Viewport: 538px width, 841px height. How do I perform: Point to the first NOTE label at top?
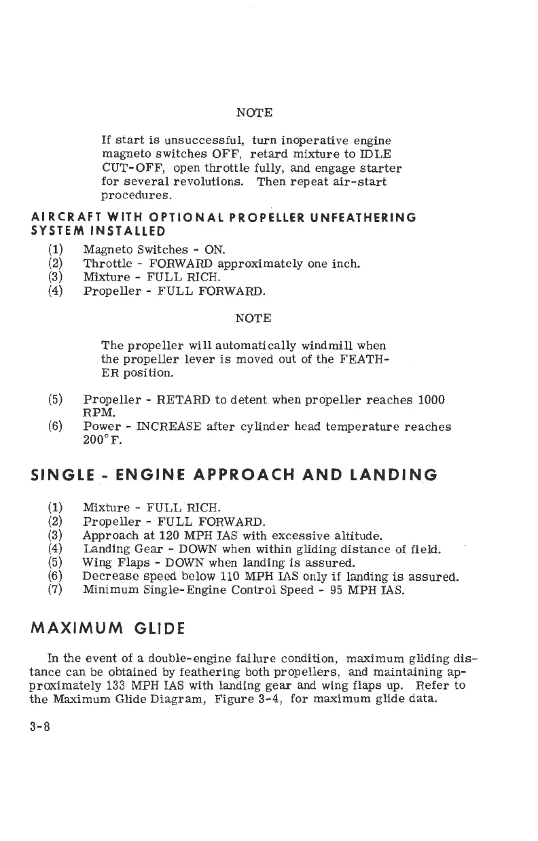254,111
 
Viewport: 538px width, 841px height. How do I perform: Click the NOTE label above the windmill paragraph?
253,318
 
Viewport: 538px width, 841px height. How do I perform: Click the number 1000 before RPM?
431,400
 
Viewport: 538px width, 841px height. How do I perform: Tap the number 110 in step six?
223,577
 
